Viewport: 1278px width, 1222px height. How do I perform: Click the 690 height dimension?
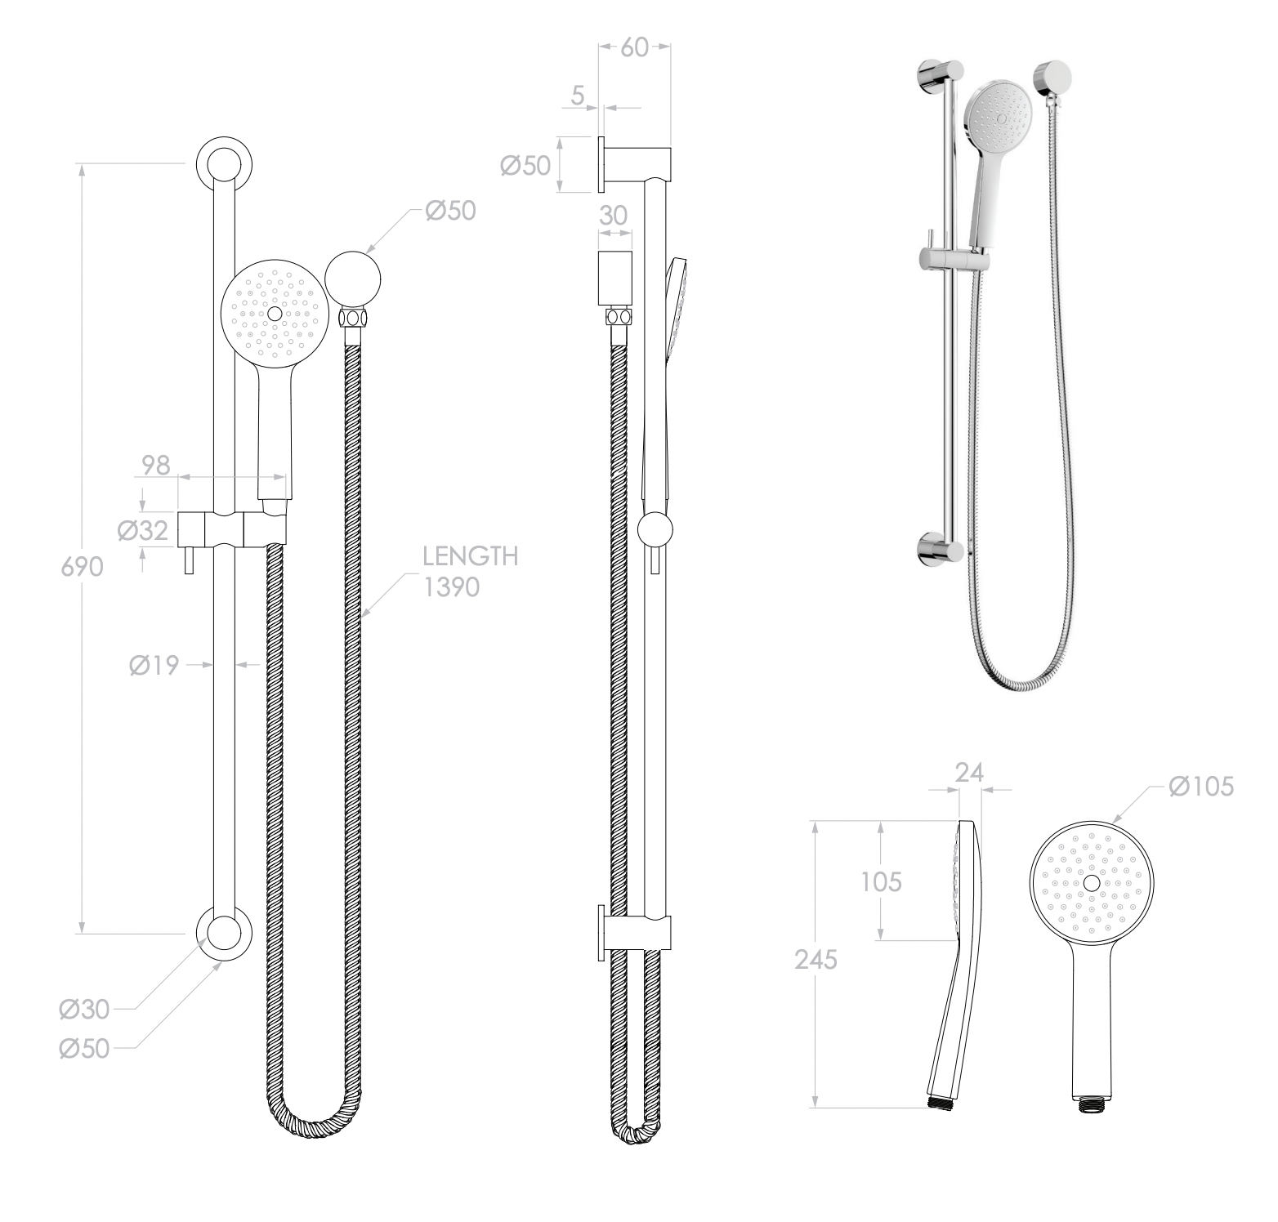(83, 566)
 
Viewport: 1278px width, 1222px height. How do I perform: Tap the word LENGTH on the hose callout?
(470, 557)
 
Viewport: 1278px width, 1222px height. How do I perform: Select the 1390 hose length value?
(451, 587)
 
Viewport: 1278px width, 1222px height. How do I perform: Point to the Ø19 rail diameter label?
(153, 666)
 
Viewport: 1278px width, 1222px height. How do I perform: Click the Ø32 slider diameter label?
(142, 532)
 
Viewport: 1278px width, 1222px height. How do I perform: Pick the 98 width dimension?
(155, 465)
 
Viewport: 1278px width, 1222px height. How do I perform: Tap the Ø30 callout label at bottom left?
(84, 1010)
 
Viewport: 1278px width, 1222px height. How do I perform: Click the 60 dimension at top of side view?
(634, 47)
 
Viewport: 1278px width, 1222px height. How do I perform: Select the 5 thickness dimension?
(578, 96)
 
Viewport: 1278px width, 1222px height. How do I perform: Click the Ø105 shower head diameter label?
(1200, 787)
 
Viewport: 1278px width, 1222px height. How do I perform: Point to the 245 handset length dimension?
(816, 961)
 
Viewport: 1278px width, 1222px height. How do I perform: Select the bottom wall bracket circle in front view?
(224, 933)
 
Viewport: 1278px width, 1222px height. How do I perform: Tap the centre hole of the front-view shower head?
(275, 313)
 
